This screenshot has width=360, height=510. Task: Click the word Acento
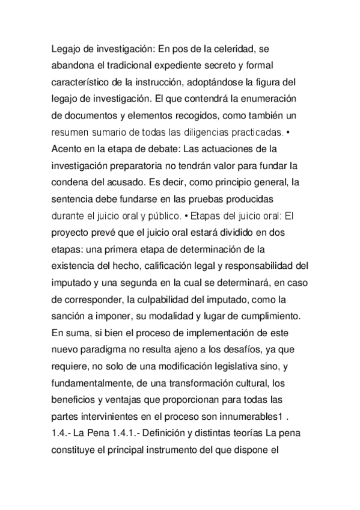click(69, 148)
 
